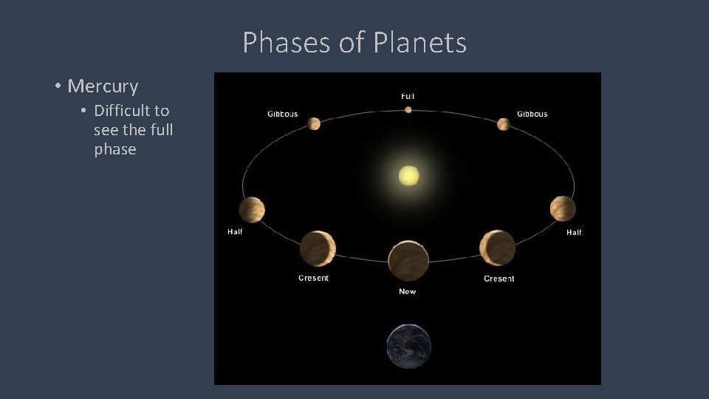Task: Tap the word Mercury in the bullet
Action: pos(103,86)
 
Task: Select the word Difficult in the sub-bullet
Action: pos(121,111)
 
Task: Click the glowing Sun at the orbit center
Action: pos(408,176)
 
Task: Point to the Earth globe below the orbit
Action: pos(408,346)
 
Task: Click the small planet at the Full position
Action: pos(408,110)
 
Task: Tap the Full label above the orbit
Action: pos(408,96)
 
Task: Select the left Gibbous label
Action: pos(283,114)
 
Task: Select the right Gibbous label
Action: pos(532,114)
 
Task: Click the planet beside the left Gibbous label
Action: pos(313,123)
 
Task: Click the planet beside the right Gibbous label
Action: pos(504,124)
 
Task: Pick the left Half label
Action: pos(235,231)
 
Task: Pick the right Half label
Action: pos(574,232)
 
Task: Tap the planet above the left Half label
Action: pos(251,210)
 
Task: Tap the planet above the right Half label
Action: pos(562,208)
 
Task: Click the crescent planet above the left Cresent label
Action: pos(318,248)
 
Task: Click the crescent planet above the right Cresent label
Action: pos(498,248)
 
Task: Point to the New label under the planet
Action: pos(408,291)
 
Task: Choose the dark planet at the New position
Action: pos(408,261)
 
